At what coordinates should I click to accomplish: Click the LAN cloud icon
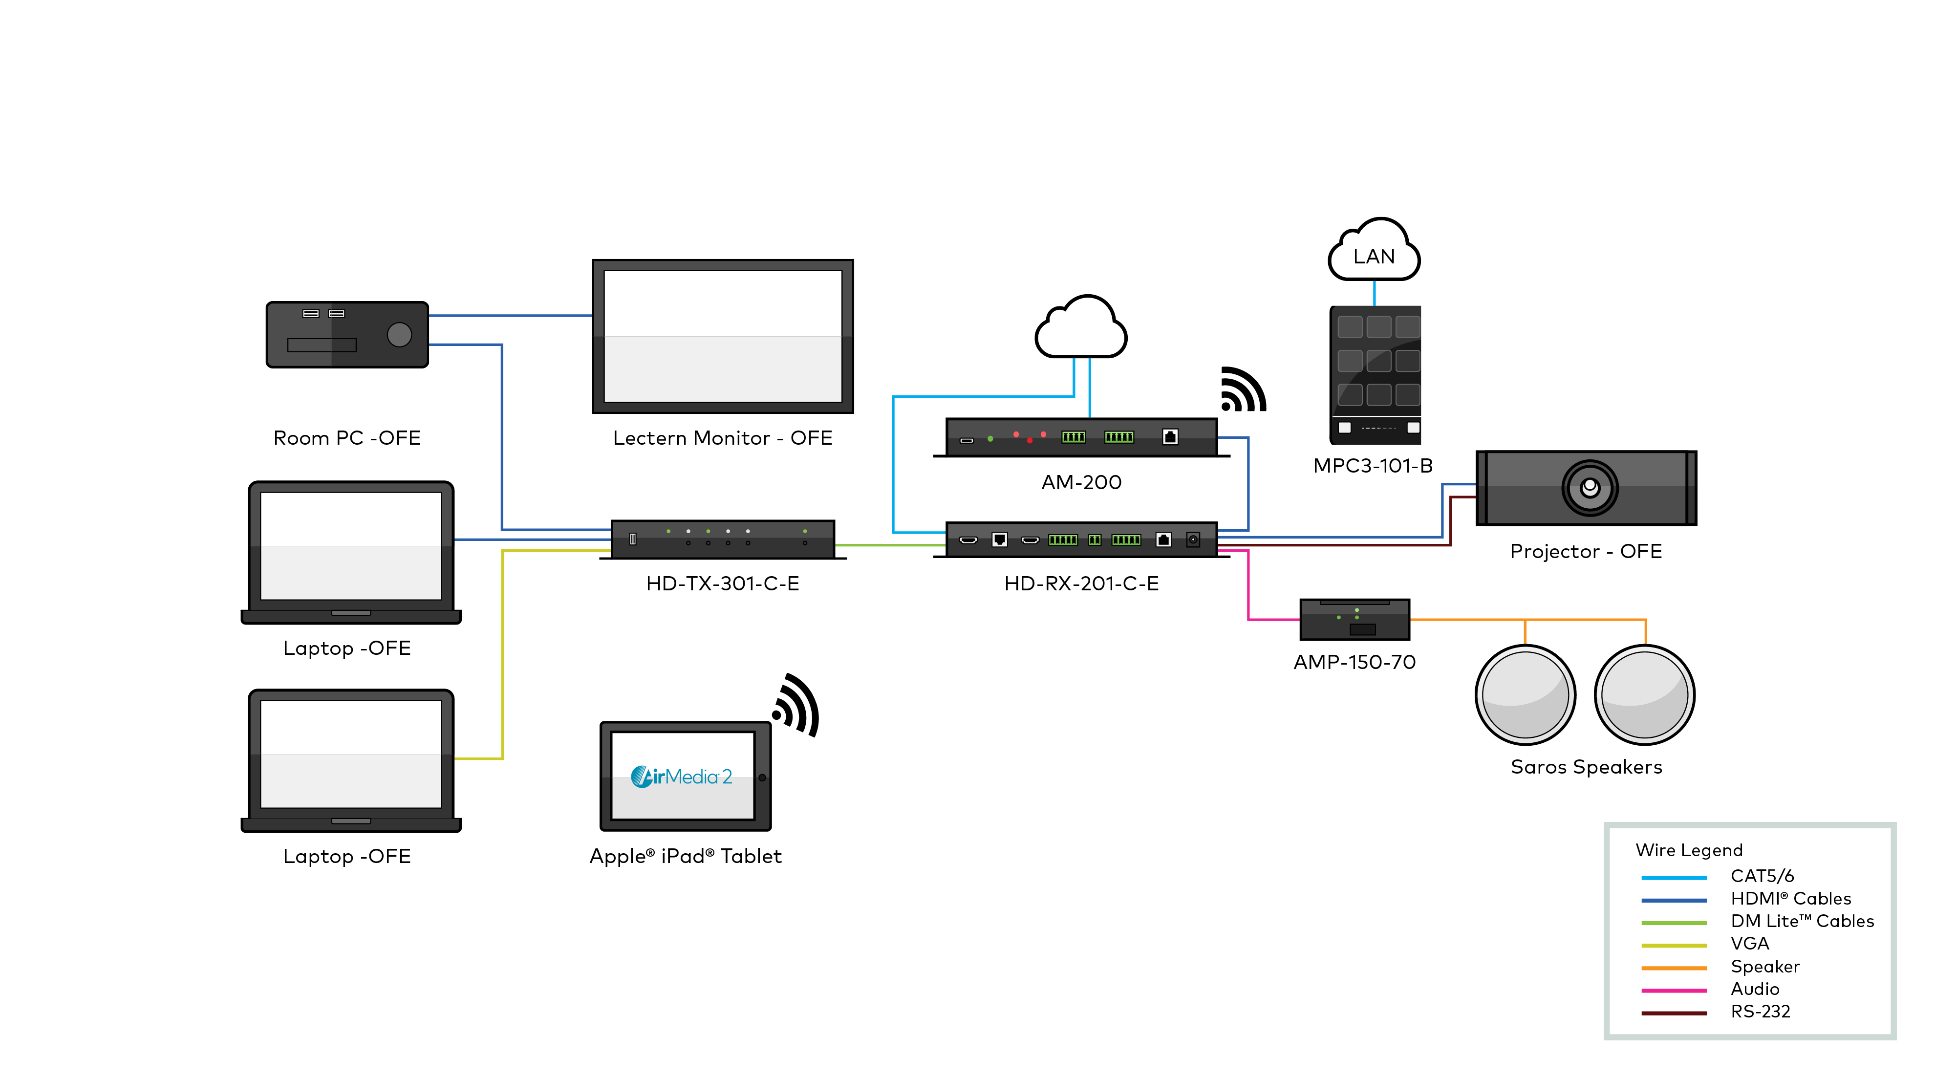tap(1374, 252)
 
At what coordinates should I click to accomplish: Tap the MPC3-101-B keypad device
tap(1375, 374)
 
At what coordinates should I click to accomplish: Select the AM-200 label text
tap(1081, 482)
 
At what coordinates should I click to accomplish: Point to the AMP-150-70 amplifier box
tap(1354, 620)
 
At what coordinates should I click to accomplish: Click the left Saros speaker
tap(1525, 695)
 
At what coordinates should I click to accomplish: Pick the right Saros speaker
tap(1644, 695)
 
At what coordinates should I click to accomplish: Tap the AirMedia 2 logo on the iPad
tap(681, 776)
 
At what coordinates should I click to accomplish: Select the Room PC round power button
tap(399, 334)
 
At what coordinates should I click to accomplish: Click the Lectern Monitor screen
tap(723, 336)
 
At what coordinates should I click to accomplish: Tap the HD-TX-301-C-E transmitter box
tap(723, 539)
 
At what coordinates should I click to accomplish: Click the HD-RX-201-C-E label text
tap(1081, 583)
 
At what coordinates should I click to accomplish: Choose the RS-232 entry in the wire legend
tap(1760, 1012)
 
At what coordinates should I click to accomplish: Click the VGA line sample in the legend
tap(1674, 945)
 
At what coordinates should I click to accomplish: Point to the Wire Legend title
tap(1689, 850)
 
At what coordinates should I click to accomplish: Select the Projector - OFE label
tap(1585, 551)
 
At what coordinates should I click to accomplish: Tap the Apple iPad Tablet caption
tap(685, 856)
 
